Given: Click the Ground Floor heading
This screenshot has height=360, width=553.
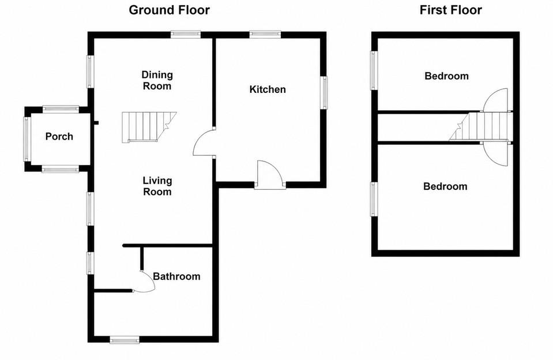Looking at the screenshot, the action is pos(170,10).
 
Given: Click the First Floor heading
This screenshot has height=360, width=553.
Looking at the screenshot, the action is pos(451,10).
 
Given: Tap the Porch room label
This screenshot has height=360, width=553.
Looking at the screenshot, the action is pos(59,136).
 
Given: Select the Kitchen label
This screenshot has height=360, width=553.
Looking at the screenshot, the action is pos(268,89).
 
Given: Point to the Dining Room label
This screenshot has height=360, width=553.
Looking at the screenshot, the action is pos(157,80).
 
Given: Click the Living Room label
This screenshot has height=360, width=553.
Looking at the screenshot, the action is pos(157,186).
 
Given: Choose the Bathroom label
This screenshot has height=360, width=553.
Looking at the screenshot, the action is pos(176,276).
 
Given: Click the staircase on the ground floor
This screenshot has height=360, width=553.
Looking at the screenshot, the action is pos(149,127).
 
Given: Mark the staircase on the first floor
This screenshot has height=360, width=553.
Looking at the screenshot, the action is pos(480,126).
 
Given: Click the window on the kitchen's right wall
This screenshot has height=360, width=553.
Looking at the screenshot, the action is pos(323,92).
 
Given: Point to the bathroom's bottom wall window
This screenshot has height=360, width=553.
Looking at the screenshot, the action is pos(125,340).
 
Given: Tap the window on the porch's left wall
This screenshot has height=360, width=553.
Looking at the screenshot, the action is pos(27,139).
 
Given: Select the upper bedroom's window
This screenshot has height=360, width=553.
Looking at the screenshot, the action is pos(374,70).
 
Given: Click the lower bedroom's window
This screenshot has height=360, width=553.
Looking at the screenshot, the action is pos(374,198).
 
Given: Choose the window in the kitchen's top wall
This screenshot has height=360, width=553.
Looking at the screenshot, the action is pos(265,34).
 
